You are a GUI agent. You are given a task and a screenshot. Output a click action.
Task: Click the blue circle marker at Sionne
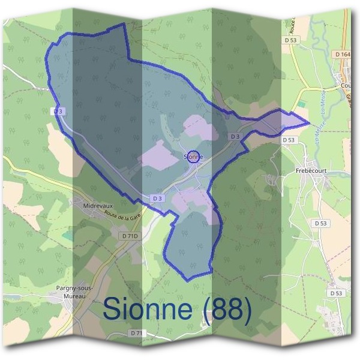click(x=193, y=157)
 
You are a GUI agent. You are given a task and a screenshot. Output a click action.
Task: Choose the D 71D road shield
click(x=130, y=236)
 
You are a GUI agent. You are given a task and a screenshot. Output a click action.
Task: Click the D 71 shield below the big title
click(x=137, y=332)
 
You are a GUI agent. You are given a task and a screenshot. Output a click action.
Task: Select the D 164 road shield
click(x=343, y=54)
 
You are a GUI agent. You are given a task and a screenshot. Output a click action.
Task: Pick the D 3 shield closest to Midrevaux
click(x=158, y=198)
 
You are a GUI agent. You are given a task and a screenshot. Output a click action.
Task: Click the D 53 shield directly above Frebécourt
click(x=290, y=139)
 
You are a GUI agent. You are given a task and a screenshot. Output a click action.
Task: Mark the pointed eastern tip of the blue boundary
click(x=309, y=124)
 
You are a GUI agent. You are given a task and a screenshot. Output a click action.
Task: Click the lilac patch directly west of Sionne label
click(x=160, y=153)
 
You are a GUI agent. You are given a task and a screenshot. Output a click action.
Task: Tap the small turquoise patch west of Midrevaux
click(x=67, y=236)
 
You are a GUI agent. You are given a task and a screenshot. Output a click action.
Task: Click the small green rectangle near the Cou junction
click(x=301, y=104)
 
